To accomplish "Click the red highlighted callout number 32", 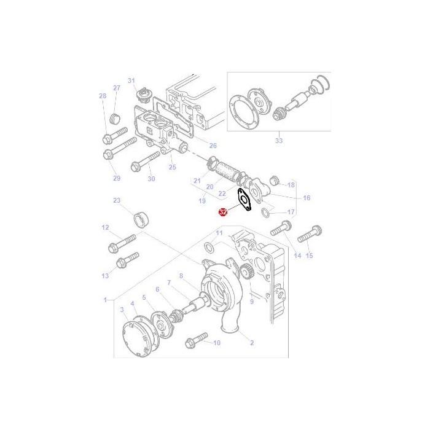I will click(x=223, y=212).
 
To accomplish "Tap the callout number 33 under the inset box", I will click(x=279, y=141).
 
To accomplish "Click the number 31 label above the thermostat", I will click(x=131, y=80).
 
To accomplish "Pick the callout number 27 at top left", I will click(x=116, y=88).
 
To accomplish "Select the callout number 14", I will click(x=298, y=255).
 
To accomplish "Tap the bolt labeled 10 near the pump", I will click(x=195, y=338).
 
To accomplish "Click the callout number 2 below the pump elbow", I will click(x=251, y=342).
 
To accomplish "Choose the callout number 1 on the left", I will click(x=106, y=300).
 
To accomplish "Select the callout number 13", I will click(x=105, y=276).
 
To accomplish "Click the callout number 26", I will click(x=213, y=146).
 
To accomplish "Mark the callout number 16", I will click(x=307, y=198).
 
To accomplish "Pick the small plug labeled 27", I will click(x=114, y=117).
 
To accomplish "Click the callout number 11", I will click(x=219, y=233).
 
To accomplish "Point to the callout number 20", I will click(x=209, y=187).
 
